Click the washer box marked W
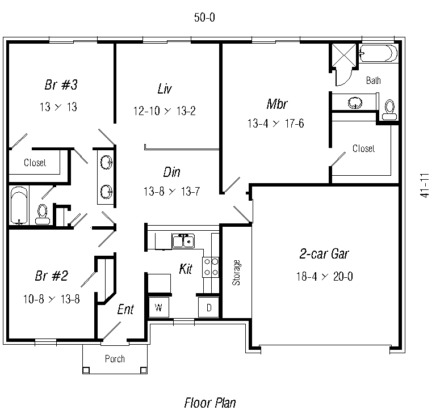pos(159,307)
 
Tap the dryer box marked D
pos(208,307)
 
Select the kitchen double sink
pos(183,241)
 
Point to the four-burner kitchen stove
pos(211,267)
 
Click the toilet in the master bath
pos(389,109)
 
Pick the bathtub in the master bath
pos(379,53)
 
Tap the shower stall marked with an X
pos(344,55)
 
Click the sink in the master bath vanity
pos(355,103)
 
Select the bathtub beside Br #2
pos(19,205)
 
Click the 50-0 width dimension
pos(204,18)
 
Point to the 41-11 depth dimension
pos(425,185)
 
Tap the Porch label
pos(115,359)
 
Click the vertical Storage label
pos(236,272)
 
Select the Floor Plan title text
pos(210,403)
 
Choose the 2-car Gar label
pos(324,254)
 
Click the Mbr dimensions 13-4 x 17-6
pos(275,124)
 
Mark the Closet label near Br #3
pos(35,162)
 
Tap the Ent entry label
pos(125,310)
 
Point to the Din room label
pos(171,172)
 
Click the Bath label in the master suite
pos(374,81)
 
